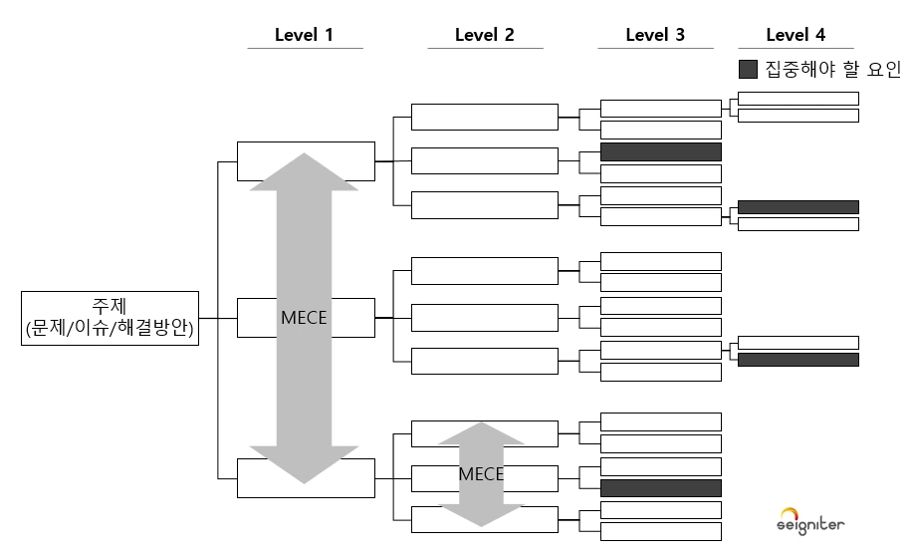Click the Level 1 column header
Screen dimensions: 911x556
(x=304, y=35)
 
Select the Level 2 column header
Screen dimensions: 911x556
(x=485, y=35)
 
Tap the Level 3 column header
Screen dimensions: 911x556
(x=655, y=35)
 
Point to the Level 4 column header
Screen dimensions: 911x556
(x=796, y=35)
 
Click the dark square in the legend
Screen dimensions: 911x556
(x=748, y=69)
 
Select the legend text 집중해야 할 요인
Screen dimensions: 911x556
(x=832, y=69)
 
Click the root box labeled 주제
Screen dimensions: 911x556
(x=110, y=318)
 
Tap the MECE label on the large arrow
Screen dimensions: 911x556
(x=304, y=318)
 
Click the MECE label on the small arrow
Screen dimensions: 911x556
(x=481, y=474)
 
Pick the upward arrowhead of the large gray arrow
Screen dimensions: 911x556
(x=304, y=171)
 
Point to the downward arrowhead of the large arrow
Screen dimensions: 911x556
(x=304, y=464)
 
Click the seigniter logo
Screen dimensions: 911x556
(x=810, y=521)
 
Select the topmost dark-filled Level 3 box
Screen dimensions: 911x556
(x=660, y=151)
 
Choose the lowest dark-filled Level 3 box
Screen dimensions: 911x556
(x=660, y=488)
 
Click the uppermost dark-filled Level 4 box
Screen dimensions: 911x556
(x=798, y=207)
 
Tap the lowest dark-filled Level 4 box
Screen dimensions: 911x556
(x=798, y=360)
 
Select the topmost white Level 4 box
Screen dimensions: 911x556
(x=798, y=99)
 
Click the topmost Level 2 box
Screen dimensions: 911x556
(x=485, y=117)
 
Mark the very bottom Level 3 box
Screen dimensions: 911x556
(x=660, y=531)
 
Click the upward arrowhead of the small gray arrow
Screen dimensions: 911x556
(x=481, y=433)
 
